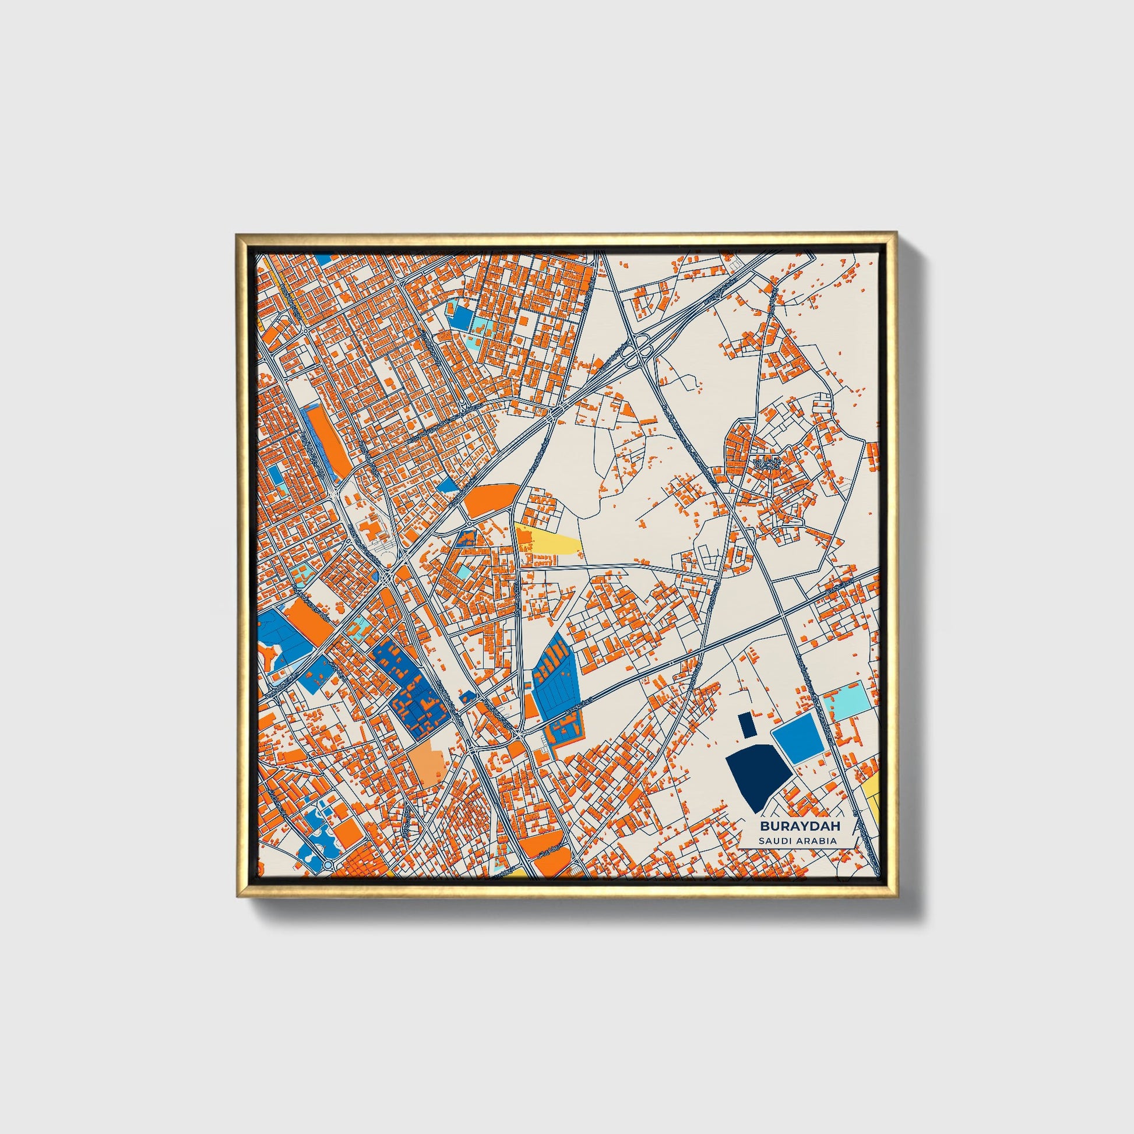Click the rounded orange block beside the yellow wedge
click(x=492, y=499)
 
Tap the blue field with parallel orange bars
click(x=555, y=678)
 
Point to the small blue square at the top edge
click(x=323, y=259)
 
